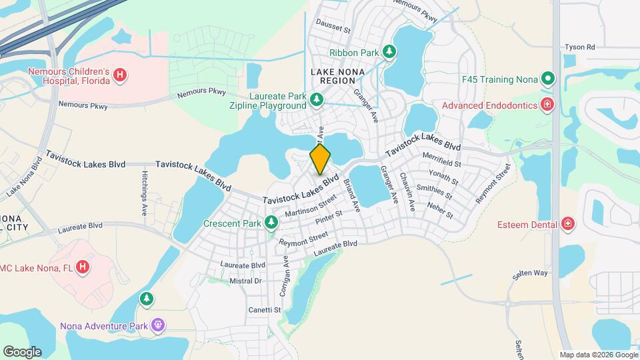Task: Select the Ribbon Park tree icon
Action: click(388, 52)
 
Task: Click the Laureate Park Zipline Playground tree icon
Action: click(317, 100)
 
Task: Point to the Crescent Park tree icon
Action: click(271, 223)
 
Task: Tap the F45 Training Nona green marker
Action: click(547, 79)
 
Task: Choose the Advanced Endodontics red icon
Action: click(547, 105)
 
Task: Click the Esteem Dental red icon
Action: click(567, 224)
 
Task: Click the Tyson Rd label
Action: click(579, 47)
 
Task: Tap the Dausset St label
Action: click(333, 29)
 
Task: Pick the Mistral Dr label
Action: click(245, 281)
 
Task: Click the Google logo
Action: click(22, 351)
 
